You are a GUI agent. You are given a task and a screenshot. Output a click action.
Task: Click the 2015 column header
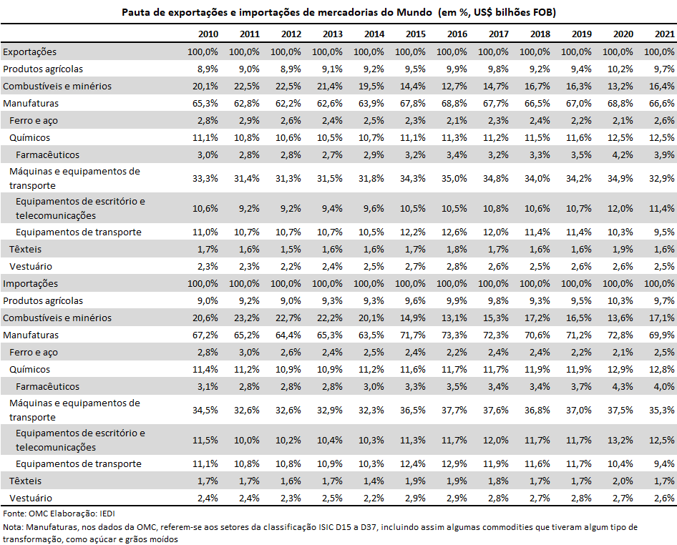click(415, 34)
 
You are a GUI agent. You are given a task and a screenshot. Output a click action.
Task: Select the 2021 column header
click(665, 34)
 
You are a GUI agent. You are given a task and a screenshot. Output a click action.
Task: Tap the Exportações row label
click(30, 51)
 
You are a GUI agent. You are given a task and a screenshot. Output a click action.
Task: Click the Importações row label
click(30, 283)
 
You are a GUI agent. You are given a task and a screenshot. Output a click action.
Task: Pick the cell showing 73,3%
click(454, 335)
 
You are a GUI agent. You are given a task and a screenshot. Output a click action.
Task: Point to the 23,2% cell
click(247, 318)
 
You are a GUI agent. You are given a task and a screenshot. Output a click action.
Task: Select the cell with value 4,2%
click(623, 154)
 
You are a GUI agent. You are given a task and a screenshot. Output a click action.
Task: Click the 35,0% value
click(454, 178)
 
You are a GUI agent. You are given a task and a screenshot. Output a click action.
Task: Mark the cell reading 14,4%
click(413, 86)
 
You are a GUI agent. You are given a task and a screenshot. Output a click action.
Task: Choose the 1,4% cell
click(374, 481)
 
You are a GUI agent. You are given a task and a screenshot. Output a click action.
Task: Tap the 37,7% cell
click(454, 410)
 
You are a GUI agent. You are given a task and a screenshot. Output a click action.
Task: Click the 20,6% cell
click(205, 318)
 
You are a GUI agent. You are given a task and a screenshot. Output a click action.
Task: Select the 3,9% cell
click(665, 154)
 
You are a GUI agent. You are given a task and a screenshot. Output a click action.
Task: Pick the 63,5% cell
click(371, 335)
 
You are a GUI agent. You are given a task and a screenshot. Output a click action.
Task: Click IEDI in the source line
click(107, 514)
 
